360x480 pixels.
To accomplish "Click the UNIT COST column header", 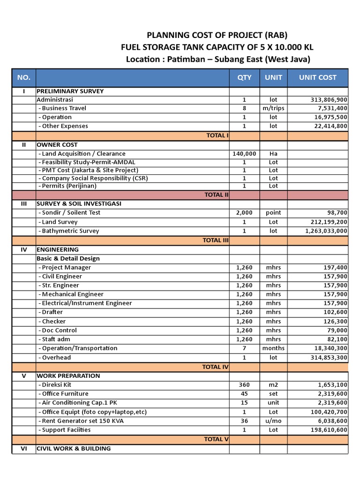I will [x=317, y=77].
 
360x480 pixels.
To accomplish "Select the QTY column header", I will [x=244, y=77].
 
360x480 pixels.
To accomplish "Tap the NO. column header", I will [x=23, y=77].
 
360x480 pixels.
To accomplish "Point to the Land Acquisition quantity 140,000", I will [x=244, y=154].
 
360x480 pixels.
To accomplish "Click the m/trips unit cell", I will [x=273, y=108].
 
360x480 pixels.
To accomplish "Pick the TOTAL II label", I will [x=216, y=195].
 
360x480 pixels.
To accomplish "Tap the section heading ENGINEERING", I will [x=58, y=249].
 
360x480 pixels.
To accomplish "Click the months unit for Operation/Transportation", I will [x=273, y=348].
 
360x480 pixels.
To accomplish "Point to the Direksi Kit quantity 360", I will [x=244, y=385].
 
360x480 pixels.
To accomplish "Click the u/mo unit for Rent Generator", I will [x=273, y=421].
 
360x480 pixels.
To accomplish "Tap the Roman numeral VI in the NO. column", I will [x=23, y=449].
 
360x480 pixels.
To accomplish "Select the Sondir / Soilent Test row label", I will [x=70, y=213].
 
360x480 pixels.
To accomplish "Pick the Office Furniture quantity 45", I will [x=244, y=394].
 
